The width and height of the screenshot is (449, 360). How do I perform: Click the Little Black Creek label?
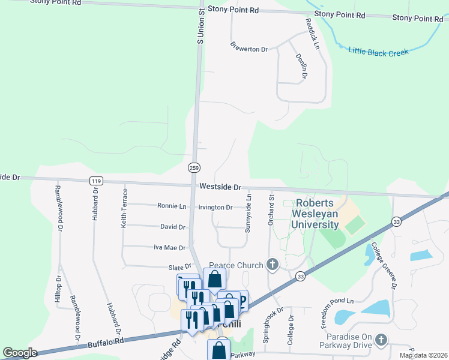click(x=379, y=51)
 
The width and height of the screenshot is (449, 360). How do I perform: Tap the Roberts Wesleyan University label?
click(x=315, y=214)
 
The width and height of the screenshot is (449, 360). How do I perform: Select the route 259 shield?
click(x=194, y=167)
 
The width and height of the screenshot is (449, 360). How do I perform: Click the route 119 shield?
click(x=95, y=181)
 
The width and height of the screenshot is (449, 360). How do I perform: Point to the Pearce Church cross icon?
click(x=273, y=265)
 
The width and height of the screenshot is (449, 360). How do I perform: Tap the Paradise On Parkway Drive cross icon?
click(x=381, y=341)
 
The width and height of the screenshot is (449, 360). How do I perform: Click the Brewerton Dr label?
click(x=249, y=47)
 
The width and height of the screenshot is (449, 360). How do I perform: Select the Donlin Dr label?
click(x=301, y=66)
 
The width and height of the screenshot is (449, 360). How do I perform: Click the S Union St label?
click(x=201, y=25)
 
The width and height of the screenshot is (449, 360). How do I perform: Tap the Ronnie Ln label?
click(x=172, y=206)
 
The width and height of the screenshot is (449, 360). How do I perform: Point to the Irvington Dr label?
click(x=215, y=207)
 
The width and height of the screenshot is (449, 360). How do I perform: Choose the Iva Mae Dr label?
click(x=169, y=247)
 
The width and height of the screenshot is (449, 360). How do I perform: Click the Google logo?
click(x=20, y=353)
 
